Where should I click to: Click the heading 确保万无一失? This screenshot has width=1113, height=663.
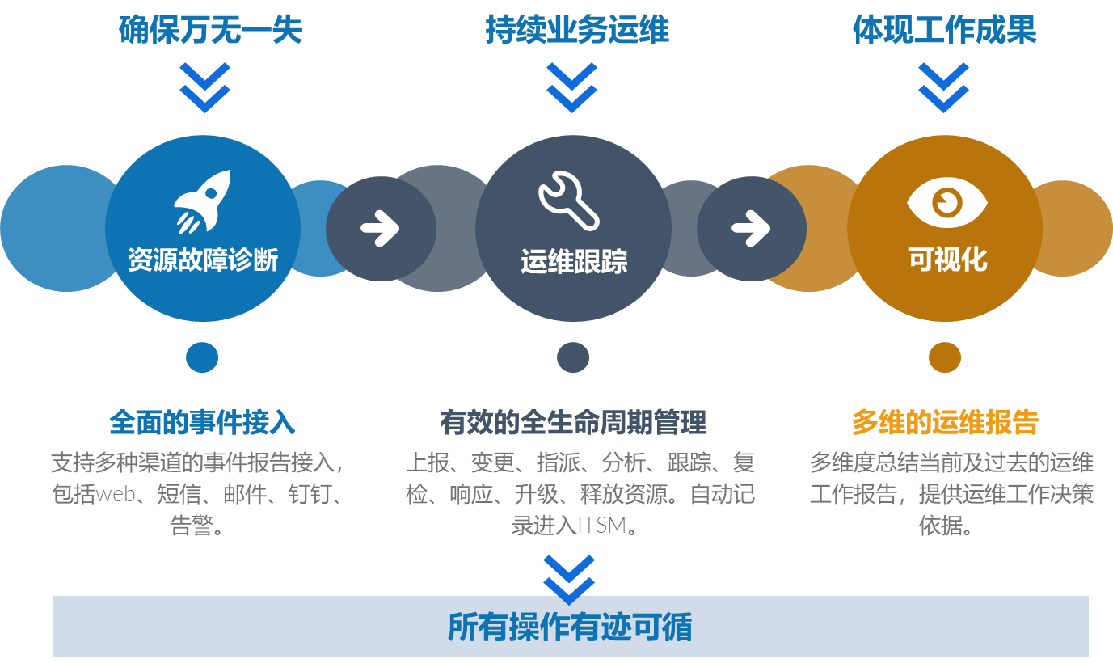click(210, 31)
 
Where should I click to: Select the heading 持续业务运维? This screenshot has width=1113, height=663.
click(577, 31)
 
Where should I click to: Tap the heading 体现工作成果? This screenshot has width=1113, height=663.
click(944, 31)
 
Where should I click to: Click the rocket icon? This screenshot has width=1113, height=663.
click(203, 201)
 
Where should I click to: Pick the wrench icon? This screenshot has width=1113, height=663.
click(568, 200)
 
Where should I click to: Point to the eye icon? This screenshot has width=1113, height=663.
click(946, 201)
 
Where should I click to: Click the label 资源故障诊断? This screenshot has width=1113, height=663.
click(203, 260)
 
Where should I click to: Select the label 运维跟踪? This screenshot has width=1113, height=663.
click(573, 262)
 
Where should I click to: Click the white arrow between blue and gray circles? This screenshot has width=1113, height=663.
click(380, 229)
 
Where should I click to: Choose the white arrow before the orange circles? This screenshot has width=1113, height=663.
click(751, 228)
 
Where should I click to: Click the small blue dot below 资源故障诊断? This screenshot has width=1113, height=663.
click(202, 357)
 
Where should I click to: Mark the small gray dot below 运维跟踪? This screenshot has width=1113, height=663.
click(573, 357)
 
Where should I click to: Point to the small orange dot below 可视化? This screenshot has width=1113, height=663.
click(944, 357)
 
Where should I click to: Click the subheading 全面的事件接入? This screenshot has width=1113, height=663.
click(202, 422)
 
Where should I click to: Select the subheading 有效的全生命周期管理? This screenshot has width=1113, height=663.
click(573, 422)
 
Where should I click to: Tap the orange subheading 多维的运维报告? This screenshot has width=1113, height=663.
click(945, 422)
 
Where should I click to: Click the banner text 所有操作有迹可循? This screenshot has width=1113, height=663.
click(570, 627)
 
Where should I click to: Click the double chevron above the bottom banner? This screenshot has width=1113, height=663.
click(569, 579)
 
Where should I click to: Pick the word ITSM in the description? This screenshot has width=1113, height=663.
click(601, 526)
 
